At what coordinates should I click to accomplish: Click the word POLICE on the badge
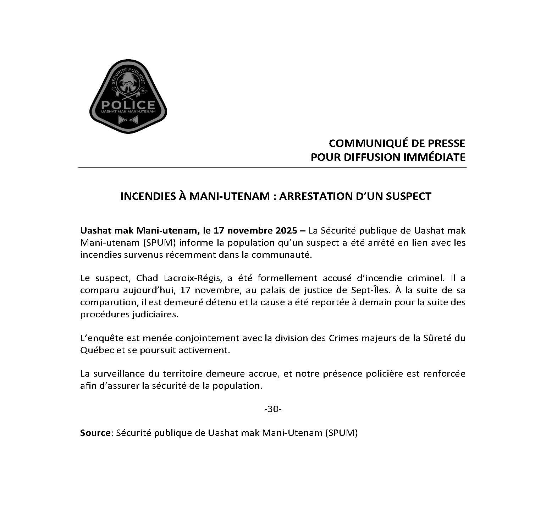click(128, 105)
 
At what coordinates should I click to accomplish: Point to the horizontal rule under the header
click(272, 167)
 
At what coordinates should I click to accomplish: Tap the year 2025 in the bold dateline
click(286, 231)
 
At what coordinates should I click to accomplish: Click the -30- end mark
click(272, 409)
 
